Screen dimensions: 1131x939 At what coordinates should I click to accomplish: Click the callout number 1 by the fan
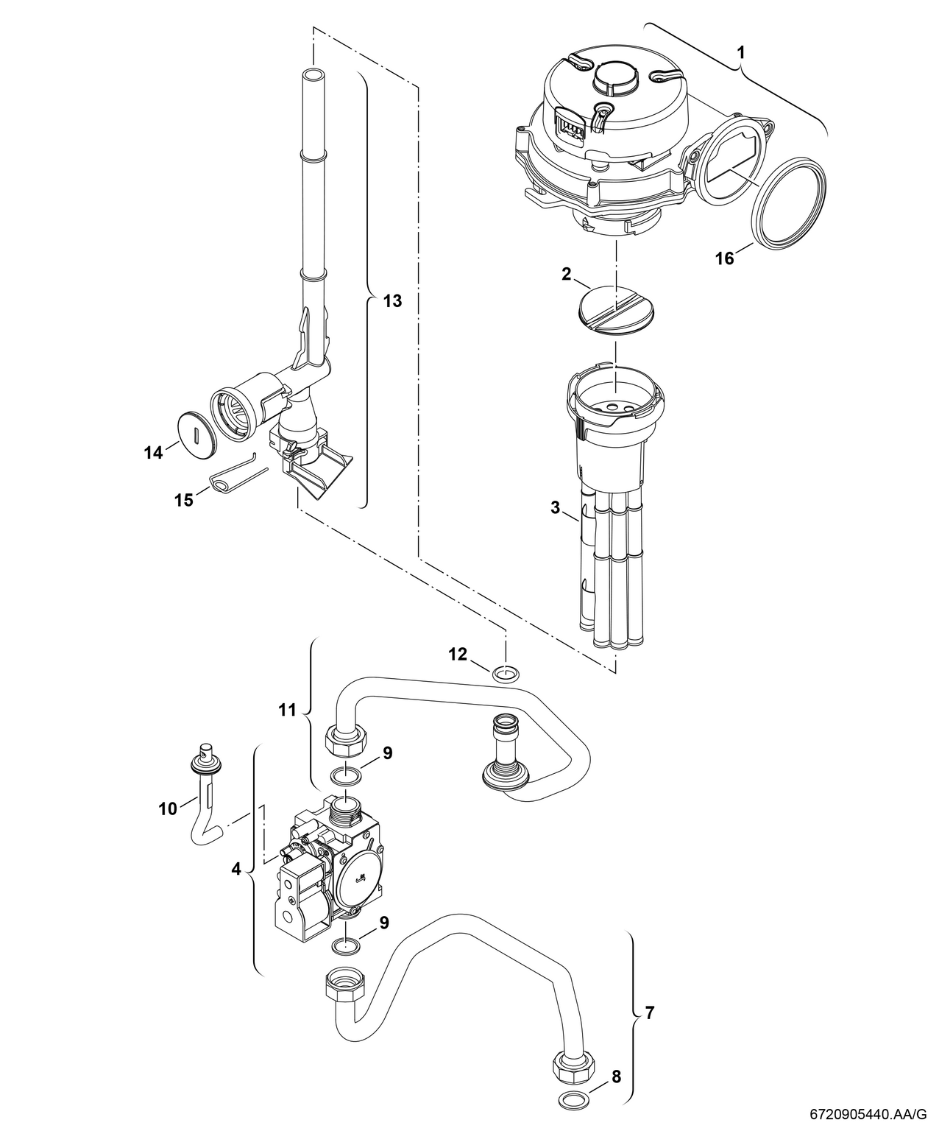(x=741, y=53)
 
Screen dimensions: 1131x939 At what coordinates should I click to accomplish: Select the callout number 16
(x=725, y=258)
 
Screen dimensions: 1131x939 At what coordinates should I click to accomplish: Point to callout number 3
(x=556, y=507)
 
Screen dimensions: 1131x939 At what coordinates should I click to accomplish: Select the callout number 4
(x=235, y=869)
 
